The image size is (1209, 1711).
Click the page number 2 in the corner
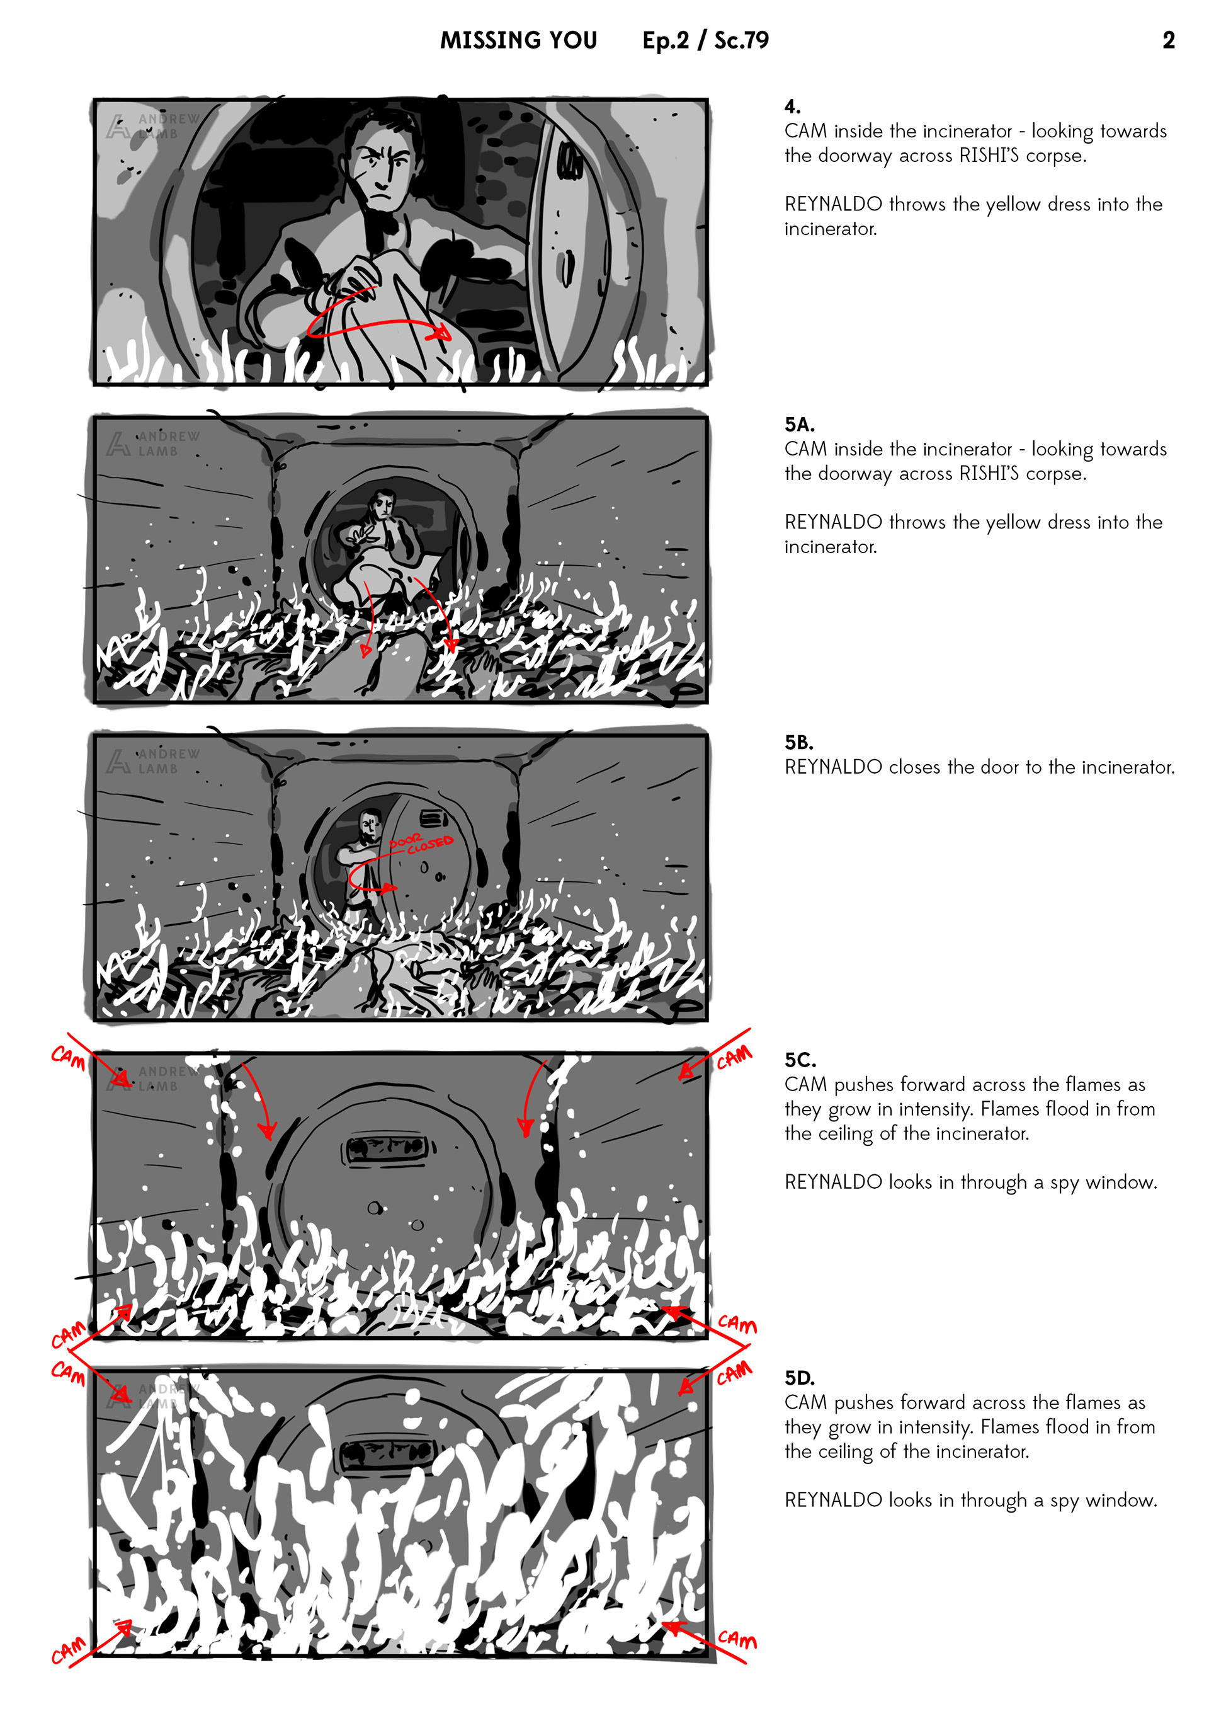(x=1168, y=40)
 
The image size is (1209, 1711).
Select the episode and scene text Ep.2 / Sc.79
(x=705, y=40)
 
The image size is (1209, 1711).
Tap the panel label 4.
(x=793, y=106)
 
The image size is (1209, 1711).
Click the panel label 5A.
(x=799, y=425)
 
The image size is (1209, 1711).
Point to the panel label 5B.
(x=798, y=742)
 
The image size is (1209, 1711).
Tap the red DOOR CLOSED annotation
(x=421, y=844)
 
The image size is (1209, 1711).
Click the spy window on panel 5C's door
(x=385, y=1148)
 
